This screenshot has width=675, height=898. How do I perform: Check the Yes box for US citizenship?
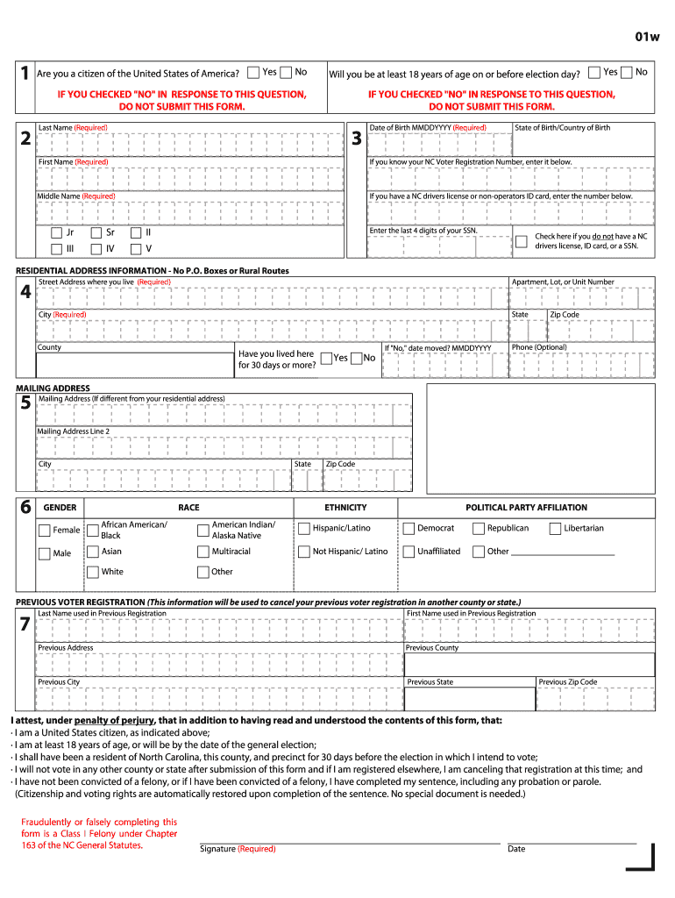pyautogui.click(x=253, y=72)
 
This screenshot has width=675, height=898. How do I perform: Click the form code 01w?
pyautogui.click(x=647, y=36)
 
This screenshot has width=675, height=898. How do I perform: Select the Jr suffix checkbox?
pyautogui.click(x=56, y=233)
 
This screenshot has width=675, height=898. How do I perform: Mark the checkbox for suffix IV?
pyautogui.click(x=96, y=249)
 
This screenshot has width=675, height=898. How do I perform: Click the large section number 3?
pyautogui.click(x=356, y=139)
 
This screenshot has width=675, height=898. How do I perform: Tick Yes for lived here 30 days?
pyautogui.click(x=326, y=358)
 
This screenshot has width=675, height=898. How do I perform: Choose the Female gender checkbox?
pyautogui.click(x=45, y=530)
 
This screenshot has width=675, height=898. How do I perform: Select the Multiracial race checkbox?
pyautogui.click(x=203, y=552)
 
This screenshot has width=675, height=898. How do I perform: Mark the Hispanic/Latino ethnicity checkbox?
pyautogui.click(x=304, y=529)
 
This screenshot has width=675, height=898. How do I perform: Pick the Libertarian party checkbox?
pyautogui.click(x=556, y=529)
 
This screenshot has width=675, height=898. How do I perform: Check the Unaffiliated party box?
pyautogui.click(x=409, y=552)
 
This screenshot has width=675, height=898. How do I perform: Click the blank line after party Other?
pyautogui.click(x=562, y=552)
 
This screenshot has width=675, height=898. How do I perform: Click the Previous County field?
pyautogui.click(x=529, y=665)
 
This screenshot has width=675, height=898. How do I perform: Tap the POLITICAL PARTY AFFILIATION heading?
pyautogui.click(x=526, y=508)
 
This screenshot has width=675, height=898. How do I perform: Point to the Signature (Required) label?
pyautogui.click(x=238, y=849)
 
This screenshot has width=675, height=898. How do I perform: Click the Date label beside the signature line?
pyautogui.click(x=516, y=849)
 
